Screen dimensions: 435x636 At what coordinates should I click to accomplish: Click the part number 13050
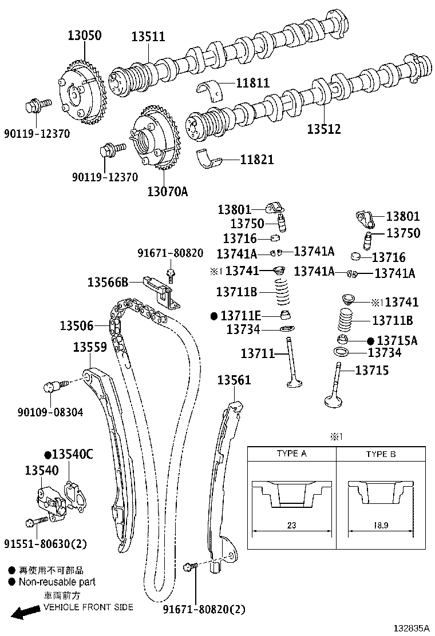84,35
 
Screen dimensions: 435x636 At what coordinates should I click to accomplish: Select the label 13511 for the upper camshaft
148,37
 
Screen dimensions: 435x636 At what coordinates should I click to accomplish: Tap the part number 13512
324,129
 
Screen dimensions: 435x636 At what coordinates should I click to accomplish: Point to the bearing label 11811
253,83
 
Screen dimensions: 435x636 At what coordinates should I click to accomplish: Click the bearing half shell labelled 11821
210,158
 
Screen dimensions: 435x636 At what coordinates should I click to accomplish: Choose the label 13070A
168,191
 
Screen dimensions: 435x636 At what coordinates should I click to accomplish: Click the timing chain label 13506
77,325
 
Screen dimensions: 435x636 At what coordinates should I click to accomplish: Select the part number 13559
90,347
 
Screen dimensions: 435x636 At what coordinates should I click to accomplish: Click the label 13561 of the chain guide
234,380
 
